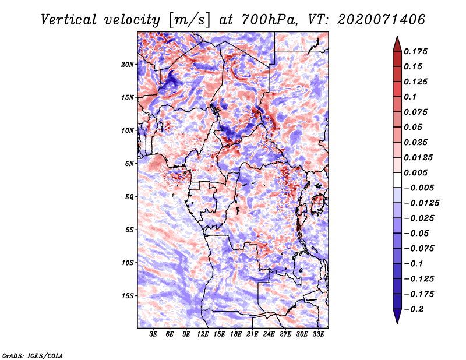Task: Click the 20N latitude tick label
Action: pos(128,65)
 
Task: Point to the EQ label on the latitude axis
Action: pos(129,197)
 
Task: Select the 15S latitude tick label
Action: pos(128,296)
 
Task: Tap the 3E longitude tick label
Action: pos(153,334)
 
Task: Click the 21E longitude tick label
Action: pos(252,334)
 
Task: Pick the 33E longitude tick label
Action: pos(318,334)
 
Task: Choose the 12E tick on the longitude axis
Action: pos(202,334)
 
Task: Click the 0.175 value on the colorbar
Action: pos(415,51)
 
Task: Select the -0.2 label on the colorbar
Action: pos(414,309)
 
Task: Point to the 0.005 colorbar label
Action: pos(415,172)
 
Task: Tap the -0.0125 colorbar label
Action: pos(421,203)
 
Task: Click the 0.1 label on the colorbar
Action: pos(410,97)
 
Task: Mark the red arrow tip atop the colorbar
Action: pos(397,36)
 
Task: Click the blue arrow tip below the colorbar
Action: pos(397,324)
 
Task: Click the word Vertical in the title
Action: pos(69,20)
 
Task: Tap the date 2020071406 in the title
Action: pos(382,20)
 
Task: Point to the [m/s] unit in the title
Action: pos(189,20)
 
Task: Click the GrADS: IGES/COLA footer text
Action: pos(33,355)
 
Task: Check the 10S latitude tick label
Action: pos(128,263)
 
